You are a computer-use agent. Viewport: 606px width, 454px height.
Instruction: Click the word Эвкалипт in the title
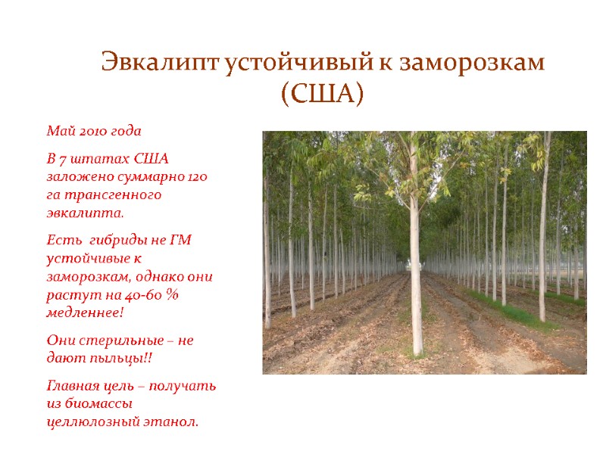click(161, 63)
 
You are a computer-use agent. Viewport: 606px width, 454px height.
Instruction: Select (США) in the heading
click(323, 94)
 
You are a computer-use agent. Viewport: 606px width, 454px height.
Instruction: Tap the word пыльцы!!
click(116, 358)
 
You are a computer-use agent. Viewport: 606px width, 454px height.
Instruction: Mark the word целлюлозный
click(90, 421)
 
